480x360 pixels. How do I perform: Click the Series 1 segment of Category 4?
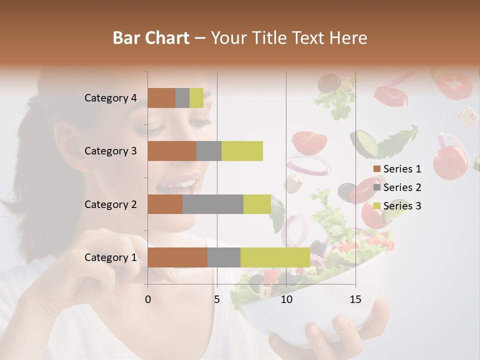click(161, 98)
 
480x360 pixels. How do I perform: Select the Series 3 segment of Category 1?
click(275, 257)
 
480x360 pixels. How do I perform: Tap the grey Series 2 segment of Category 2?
click(213, 204)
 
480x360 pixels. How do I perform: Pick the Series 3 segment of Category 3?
click(242, 151)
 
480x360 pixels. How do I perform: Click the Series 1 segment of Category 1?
click(177, 257)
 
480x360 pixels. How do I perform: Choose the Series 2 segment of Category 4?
click(182, 98)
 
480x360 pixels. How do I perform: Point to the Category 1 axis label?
click(110, 257)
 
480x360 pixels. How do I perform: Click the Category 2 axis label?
click(110, 204)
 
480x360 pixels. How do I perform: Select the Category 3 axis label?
click(110, 151)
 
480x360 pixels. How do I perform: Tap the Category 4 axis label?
click(110, 98)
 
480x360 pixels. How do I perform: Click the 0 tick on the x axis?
click(148, 299)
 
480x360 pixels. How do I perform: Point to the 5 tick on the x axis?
click(217, 299)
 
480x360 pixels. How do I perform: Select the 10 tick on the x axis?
click(286, 299)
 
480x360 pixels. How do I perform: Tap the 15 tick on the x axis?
click(355, 299)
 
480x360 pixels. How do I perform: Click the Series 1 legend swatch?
click(376, 169)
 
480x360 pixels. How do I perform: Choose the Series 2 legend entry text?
click(402, 187)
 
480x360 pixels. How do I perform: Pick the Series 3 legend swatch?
click(376, 206)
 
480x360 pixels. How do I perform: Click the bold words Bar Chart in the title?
click(151, 37)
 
